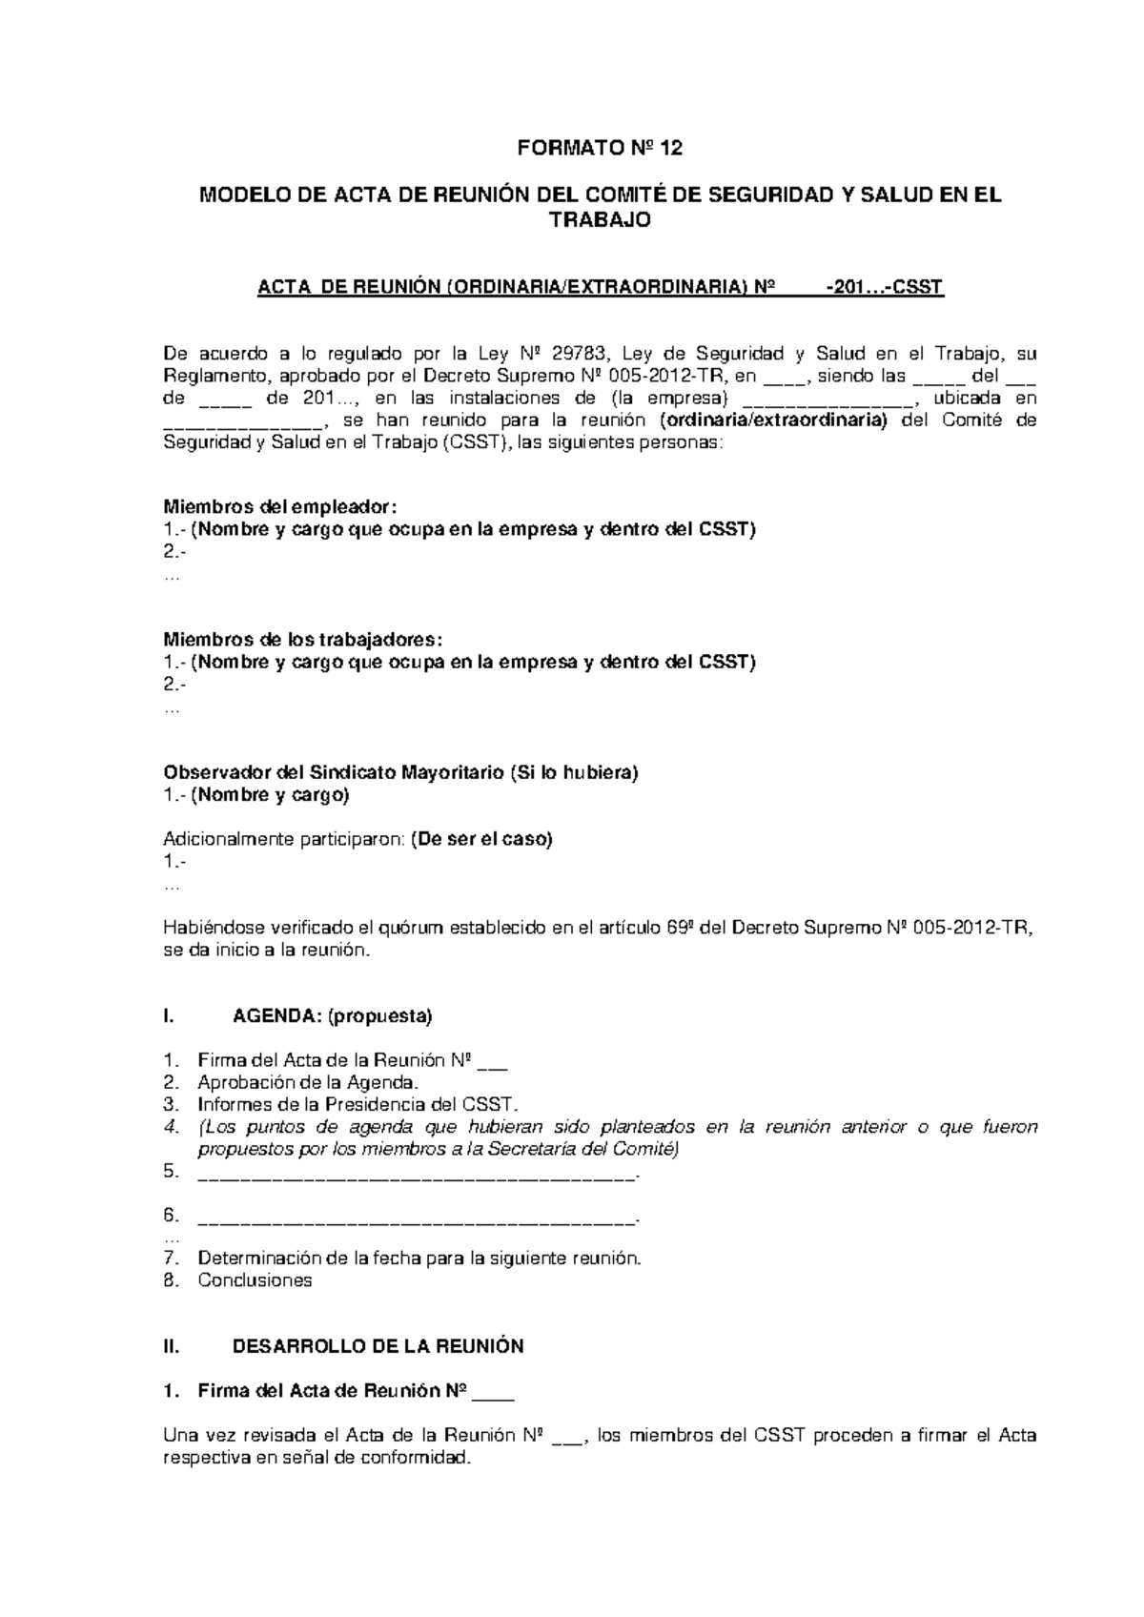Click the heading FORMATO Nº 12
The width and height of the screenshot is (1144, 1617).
[600, 149]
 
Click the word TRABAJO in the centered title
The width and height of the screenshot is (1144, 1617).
[600, 220]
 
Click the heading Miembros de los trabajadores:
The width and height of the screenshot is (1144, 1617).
[303, 639]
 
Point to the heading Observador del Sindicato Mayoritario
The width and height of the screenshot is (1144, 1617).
[400, 772]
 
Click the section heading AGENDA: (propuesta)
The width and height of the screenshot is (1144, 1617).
[332, 1016]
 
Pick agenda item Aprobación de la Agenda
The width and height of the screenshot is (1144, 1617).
[307, 1082]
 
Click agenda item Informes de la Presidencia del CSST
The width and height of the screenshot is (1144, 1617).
[357, 1104]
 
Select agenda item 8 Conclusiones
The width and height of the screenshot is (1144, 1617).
[255, 1280]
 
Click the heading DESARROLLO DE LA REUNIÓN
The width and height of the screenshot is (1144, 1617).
[378, 1347]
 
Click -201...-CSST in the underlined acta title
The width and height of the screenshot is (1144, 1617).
[884, 287]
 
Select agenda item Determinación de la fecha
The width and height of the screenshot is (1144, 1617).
[419, 1259]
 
